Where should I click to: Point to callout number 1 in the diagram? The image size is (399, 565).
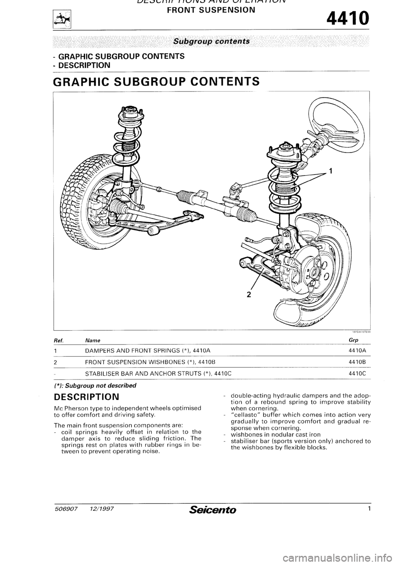(x=330, y=170)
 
